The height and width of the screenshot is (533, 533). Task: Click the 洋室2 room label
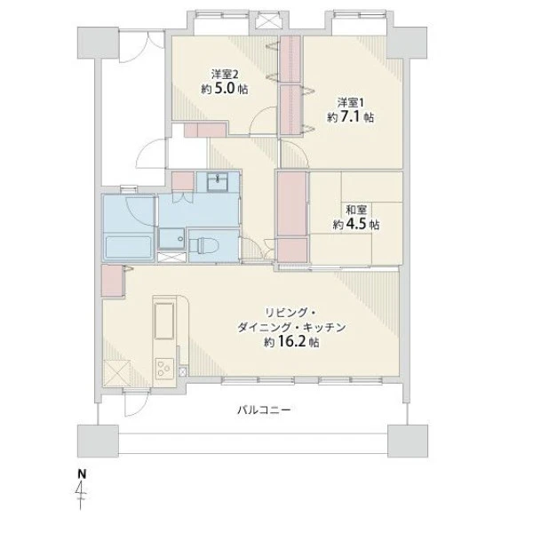225,74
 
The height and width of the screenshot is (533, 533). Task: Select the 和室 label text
356,210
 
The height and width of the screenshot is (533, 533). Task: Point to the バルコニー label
264,410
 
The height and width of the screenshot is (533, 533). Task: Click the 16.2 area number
291,341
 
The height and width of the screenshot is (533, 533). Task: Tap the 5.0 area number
224,89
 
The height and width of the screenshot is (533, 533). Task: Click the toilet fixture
203,245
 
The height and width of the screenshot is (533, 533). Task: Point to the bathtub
129,247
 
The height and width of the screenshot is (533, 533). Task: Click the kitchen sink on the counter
164,321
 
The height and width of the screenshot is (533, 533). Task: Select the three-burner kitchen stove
164,369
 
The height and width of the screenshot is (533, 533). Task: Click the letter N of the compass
82,473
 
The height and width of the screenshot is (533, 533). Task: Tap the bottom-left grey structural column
98,441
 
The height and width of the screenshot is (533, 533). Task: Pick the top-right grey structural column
407,43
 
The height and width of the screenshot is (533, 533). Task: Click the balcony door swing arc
139,408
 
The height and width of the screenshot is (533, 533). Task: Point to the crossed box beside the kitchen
116,373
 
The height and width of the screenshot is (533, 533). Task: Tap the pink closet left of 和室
292,203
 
